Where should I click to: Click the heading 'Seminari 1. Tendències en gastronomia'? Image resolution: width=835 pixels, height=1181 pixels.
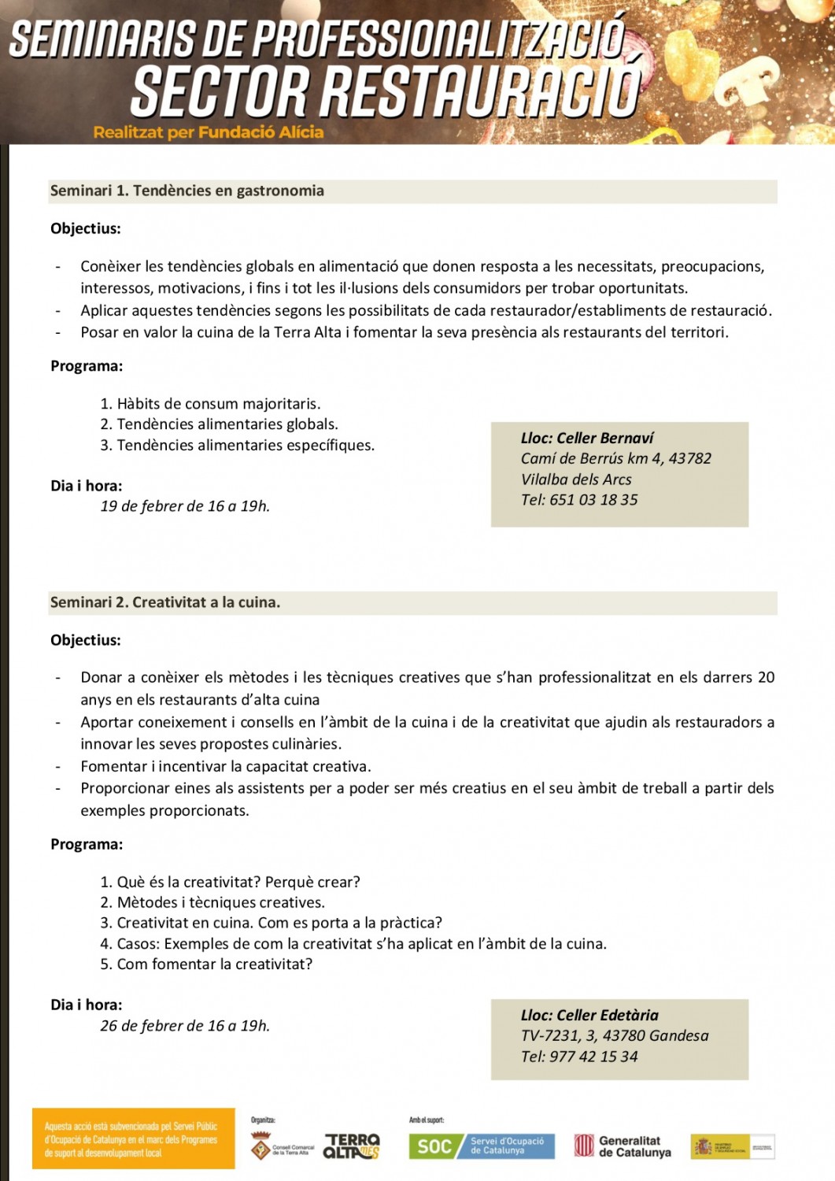[187, 191]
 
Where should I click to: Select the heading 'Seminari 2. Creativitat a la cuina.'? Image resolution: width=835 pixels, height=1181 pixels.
[165, 602]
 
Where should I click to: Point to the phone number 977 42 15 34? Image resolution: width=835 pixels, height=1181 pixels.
[593, 1057]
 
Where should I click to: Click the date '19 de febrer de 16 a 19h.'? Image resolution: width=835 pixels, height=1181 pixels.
[185, 506]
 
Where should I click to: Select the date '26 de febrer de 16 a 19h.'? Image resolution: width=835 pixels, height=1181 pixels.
[185, 1026]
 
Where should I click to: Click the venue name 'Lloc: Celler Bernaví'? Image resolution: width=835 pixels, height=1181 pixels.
[587, 439]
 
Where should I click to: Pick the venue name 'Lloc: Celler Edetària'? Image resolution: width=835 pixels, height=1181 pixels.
[589, 1016]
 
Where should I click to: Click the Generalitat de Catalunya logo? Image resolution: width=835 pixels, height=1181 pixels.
[623, 1146]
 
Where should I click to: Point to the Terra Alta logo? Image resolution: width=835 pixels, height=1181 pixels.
[352, 1146]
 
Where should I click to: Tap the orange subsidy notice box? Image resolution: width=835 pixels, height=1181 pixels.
[133, 1139]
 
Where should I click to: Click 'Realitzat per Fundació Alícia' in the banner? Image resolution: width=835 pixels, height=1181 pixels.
[209, 132]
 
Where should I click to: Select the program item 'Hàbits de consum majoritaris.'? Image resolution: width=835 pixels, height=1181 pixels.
[218, 404]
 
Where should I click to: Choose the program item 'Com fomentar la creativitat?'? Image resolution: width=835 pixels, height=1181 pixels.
[214, 964]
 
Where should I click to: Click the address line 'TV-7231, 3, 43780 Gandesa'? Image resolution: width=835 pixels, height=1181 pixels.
[615, 1036]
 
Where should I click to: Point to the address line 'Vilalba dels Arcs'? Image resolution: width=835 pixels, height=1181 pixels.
[576, 479]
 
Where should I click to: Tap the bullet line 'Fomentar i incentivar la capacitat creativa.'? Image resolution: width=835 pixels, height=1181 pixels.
[226, 767]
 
